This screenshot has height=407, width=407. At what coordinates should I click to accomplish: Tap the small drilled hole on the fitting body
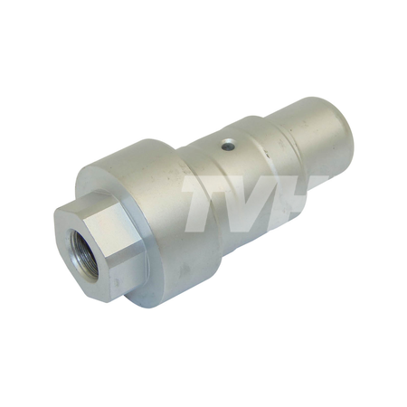[x=228, y=146]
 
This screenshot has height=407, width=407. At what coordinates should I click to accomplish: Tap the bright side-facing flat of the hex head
[x=114, y=233]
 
